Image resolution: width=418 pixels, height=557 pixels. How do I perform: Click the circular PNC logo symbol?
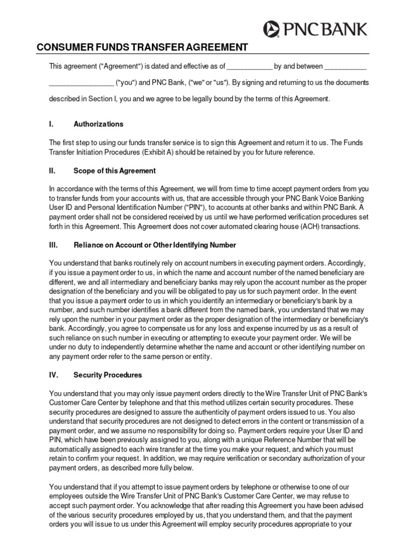[272, 28]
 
